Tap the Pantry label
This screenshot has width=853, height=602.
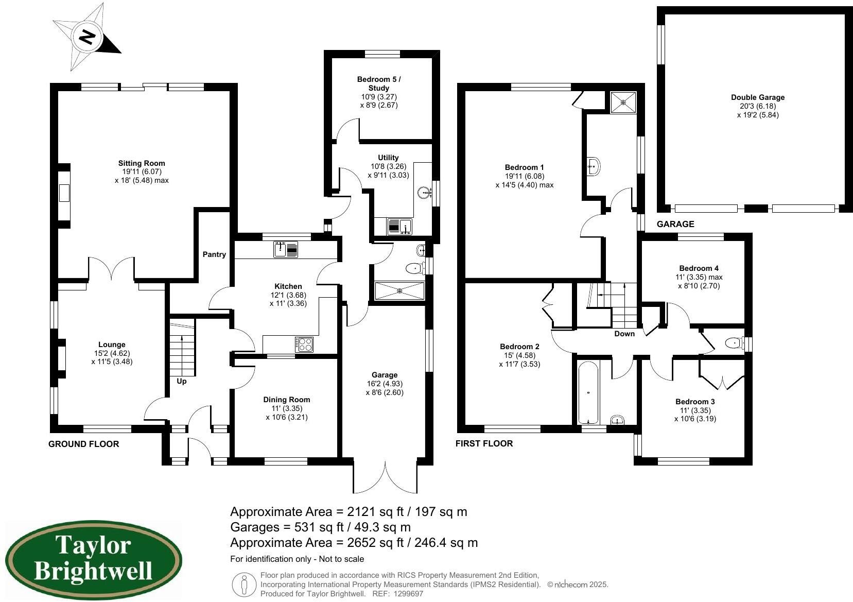click(214, 254)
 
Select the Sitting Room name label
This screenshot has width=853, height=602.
click(142, 163)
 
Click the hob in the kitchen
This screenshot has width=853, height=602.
click(304, 344)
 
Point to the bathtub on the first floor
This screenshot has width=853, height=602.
click(588, 392)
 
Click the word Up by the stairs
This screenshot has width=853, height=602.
click(182, 382)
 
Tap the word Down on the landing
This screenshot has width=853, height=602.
click(624, 334)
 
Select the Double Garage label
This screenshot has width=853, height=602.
click(758, 97)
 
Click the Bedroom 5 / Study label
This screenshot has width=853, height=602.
click(379, 83)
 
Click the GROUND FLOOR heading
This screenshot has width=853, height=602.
click(83, 444)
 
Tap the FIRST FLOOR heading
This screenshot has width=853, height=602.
click(484, 443)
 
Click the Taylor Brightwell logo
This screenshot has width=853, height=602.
click(93, 559)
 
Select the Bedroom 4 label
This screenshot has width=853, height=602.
click(699, 268)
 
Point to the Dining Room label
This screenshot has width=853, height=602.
click(287, 400)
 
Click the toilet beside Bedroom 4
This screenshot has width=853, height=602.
click(733, 342)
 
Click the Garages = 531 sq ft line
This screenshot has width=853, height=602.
click(320, 527)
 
